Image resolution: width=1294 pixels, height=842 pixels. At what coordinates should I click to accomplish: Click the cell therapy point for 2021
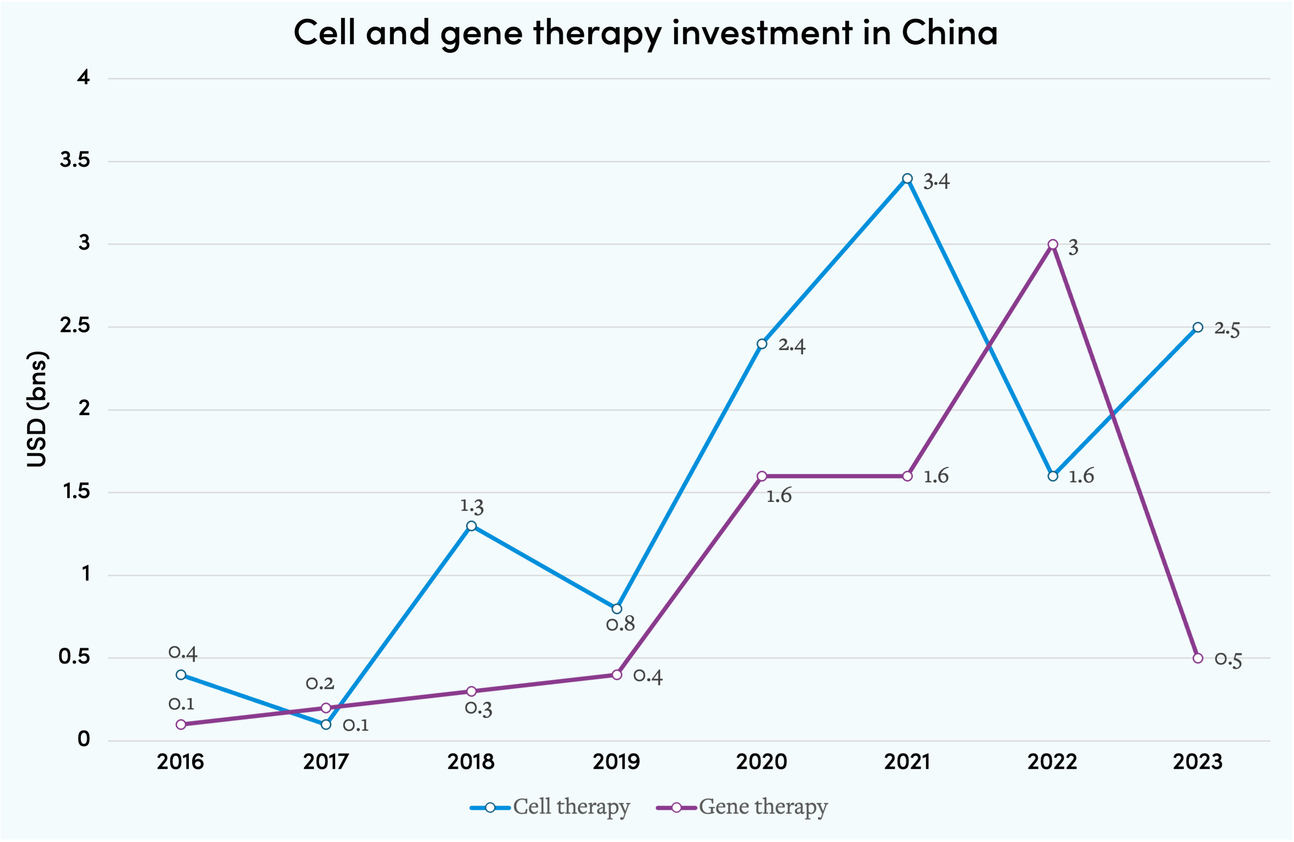907,178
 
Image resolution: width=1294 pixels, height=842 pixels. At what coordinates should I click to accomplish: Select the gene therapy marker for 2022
1052,244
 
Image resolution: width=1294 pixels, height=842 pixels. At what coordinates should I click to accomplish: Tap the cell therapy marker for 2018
472,526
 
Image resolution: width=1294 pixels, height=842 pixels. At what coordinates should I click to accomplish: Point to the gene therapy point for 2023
1198,658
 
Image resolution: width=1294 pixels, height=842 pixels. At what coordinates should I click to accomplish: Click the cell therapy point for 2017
326,724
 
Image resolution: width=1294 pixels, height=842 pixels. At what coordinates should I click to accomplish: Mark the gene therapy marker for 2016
181,724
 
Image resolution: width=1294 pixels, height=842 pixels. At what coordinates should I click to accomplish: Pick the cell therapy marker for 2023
1198,327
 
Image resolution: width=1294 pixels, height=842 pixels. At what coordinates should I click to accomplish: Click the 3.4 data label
936,182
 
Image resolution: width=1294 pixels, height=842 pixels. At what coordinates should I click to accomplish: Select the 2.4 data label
792,345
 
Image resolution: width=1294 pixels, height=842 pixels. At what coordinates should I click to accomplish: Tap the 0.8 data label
620,624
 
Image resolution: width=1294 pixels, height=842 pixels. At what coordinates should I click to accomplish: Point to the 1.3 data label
472,506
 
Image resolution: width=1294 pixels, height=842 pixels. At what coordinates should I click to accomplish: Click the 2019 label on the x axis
617,762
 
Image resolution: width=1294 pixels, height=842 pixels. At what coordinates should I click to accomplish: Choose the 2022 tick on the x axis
1052,762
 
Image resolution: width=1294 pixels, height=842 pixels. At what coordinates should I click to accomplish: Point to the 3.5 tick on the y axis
75,160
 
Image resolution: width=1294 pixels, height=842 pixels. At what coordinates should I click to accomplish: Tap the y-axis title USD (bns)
37,409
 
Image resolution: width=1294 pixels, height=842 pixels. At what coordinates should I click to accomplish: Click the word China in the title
949,33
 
